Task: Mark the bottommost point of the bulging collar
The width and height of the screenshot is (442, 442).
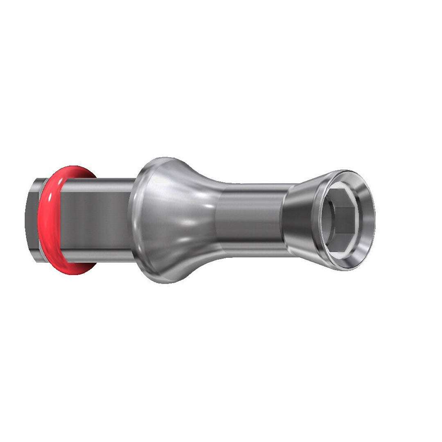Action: point(166,283)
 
